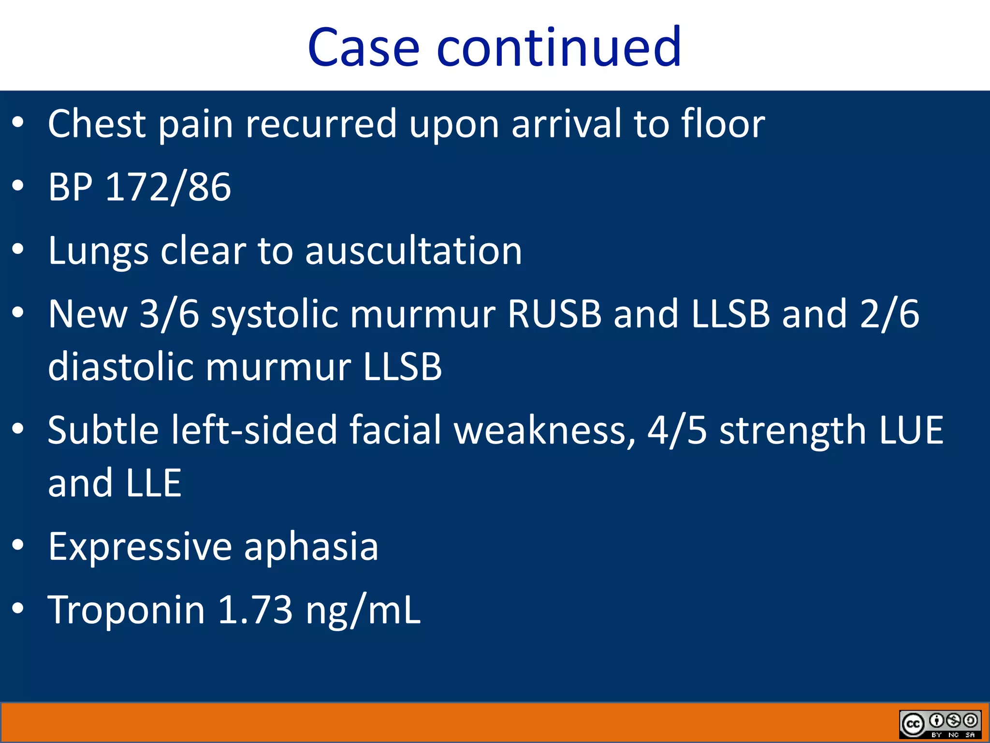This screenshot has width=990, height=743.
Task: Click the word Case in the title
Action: tap(363, 47)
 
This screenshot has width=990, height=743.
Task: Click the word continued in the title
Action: tap(559, 47)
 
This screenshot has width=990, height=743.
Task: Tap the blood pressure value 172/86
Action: tap(168, 188)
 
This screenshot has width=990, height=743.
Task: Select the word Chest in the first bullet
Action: tap(97, 124)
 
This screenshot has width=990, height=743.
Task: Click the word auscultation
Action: tap(413, 251)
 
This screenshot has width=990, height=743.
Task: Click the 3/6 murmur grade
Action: tap(169, 314)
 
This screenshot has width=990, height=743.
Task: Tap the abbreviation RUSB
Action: tap(554, 314)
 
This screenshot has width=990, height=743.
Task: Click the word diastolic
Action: tap(121, 367)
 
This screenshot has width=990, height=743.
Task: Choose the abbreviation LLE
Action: tap(153, 483)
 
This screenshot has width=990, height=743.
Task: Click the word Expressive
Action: tap(140, 547)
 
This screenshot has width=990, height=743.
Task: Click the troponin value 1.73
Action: tap(255, 610)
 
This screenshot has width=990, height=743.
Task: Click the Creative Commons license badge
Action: tap(940, 724)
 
